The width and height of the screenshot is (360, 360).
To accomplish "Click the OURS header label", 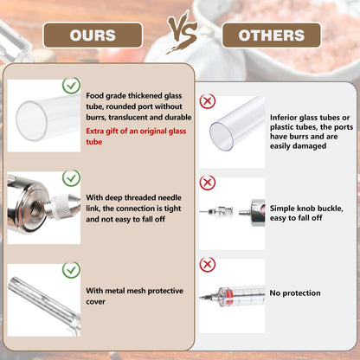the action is coord(93,35).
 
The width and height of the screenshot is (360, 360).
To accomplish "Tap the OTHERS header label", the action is coord(272,35).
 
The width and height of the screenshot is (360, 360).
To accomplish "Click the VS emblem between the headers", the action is coord(183,33).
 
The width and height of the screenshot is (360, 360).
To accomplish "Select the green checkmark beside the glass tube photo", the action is coord(71,86).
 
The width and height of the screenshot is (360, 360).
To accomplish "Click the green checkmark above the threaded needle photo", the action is coord(71,178).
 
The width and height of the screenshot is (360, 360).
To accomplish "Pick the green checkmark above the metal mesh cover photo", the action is coord(71,270).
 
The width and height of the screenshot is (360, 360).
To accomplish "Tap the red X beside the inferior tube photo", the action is coord(208,101).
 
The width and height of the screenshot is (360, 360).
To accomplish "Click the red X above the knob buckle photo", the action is coord(208,183).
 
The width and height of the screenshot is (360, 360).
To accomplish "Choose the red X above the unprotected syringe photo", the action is coord(208,264).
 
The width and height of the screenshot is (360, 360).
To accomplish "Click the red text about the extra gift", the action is coord(136,136).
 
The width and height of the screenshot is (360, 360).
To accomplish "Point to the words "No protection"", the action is coord(295,293).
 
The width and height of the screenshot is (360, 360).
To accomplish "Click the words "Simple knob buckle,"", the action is coord(306,209).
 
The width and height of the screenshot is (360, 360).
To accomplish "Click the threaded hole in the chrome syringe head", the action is coord(35,209).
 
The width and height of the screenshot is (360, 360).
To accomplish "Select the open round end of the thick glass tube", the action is coord(32,120).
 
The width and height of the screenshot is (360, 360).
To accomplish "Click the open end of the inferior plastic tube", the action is coord(222,136).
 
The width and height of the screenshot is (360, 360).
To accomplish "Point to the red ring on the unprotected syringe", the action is coord(228,296).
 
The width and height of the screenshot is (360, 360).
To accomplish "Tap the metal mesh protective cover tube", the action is coord(43,303).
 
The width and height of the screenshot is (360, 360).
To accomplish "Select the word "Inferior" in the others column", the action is coord(283,118).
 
